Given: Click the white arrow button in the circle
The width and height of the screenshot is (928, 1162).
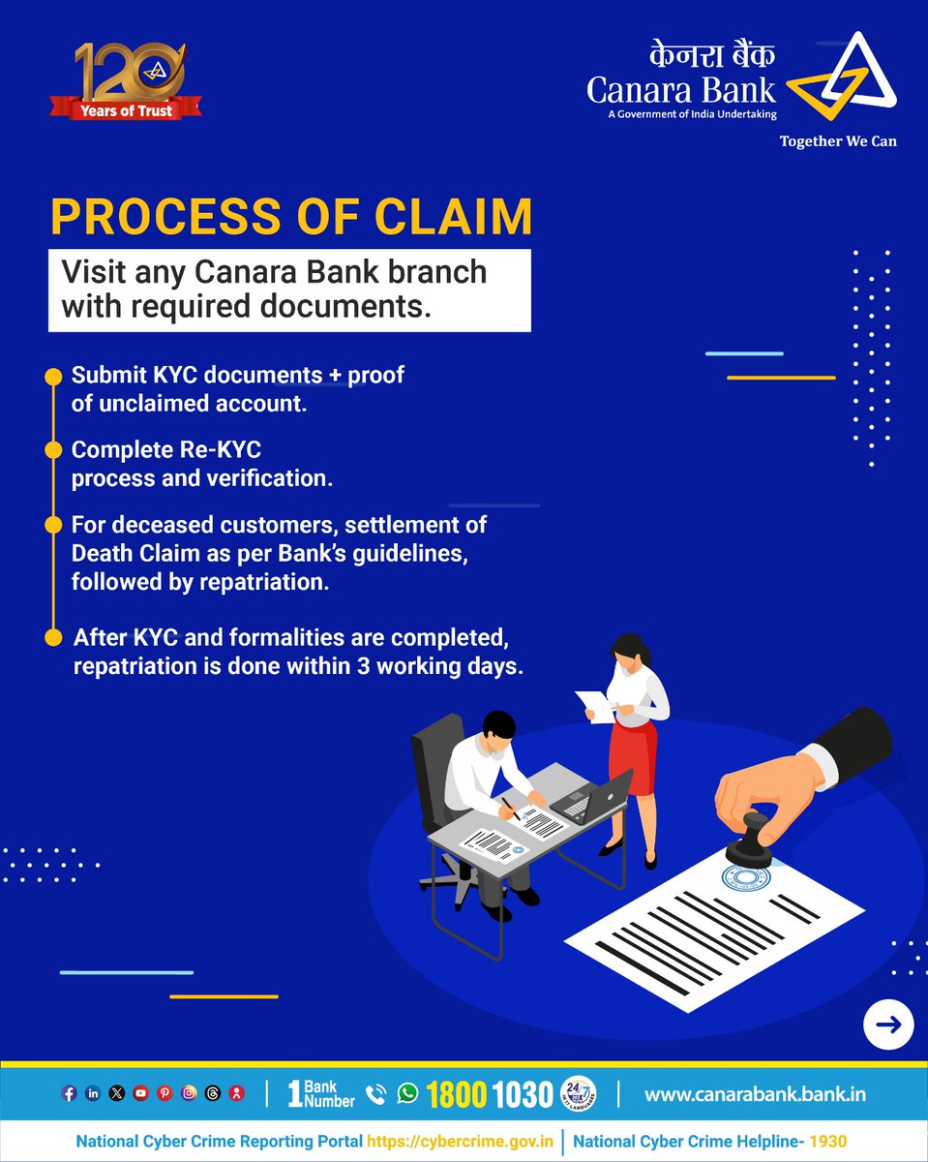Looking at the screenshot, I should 888,1024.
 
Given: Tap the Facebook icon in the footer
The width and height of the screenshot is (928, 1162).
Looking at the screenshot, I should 70,1093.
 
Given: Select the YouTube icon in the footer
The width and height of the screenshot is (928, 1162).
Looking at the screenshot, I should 141,1093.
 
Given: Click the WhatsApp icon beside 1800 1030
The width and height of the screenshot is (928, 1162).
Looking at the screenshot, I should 408,1093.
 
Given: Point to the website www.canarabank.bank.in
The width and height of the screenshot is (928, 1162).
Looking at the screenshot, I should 755,1094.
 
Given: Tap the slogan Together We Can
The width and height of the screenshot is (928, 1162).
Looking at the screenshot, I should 838,141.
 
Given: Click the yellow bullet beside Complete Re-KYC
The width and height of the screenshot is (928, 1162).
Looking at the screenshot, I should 53,450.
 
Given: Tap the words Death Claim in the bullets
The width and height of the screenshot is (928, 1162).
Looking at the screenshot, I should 122,554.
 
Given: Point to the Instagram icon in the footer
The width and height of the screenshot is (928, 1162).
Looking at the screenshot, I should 189,1093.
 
